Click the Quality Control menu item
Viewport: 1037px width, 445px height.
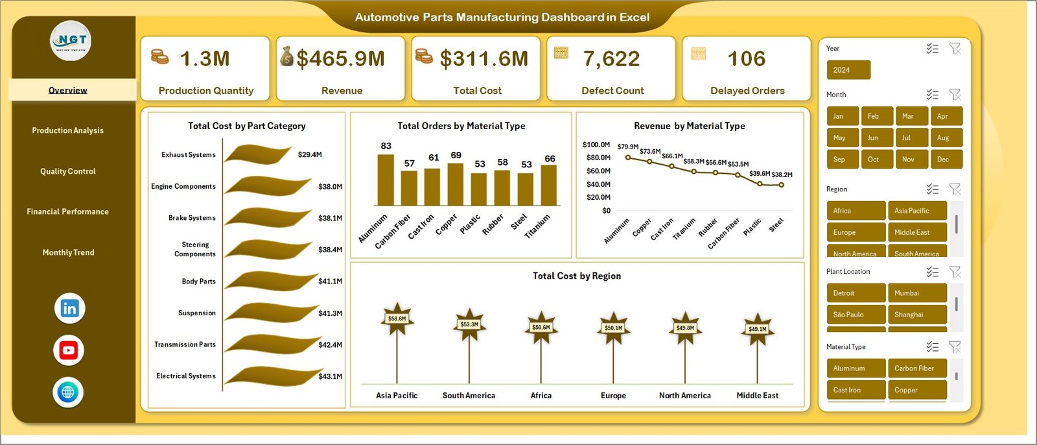coord(67,171)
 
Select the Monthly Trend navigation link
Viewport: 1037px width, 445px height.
coord(68,252)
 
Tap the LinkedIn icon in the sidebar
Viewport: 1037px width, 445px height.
coord(69,308)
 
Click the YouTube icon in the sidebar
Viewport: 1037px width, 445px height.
coord(69,350)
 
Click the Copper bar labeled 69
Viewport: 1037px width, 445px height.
coord(456,184)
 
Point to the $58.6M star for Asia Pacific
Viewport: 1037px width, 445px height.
coord(397,319)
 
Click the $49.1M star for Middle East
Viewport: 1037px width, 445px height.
coord(757,328)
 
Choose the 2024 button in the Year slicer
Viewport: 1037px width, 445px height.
coord(848,70)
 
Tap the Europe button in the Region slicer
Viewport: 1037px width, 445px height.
coord(856,232)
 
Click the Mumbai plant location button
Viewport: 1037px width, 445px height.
coord(916,293)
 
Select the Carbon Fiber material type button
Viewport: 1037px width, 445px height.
coord(916,368)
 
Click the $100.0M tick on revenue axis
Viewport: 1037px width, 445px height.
coord(596,145)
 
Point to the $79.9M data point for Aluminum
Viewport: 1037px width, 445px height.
coord(628,157)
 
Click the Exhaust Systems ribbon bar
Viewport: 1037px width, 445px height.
coord(258,154)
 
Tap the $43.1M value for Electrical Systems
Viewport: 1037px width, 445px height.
coord(330,376)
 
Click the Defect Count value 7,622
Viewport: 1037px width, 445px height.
coord(611,59)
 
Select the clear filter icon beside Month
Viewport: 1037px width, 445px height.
coord(955,95)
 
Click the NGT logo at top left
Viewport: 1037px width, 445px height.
coord(71,41)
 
